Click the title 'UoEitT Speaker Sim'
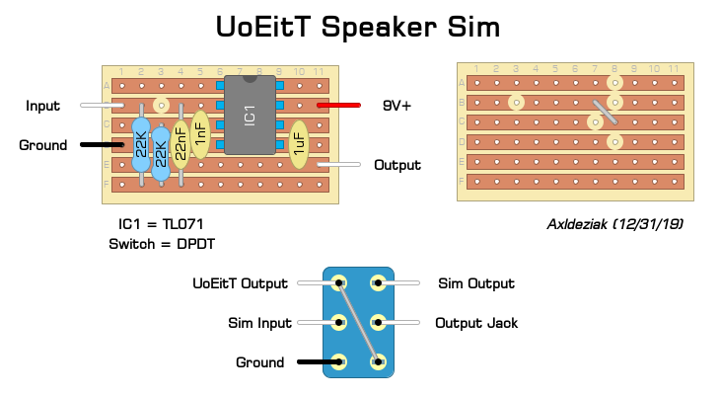point(361,27)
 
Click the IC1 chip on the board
point(251,116)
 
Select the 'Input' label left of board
point(42,106)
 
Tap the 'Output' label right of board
point(397,165)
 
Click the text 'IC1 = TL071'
point(160,224)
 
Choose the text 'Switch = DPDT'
point(162,243)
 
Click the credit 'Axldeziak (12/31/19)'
point(615,224)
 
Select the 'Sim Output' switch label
point(475,284)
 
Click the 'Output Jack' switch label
point(478,323)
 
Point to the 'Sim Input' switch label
point(259,323)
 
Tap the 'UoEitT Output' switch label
point(241,284)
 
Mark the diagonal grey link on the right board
point(606,111)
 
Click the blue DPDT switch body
point(358,323)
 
